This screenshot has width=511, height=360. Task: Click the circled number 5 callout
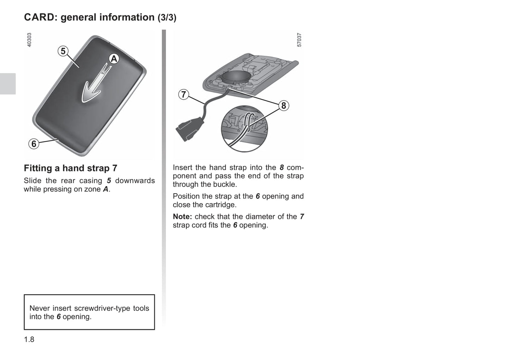click(x=63, y=51)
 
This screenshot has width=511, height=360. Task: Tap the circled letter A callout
click(x=114, y=59)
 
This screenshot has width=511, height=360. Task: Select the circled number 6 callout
click(x=34, y=144)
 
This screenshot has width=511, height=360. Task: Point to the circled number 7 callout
click(x=183, y=94)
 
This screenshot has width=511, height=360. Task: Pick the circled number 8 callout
click(x=283, y=106)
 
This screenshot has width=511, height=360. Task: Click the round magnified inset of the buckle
click(x=244, y=128)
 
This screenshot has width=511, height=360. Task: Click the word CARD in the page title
click(x=40, y=17)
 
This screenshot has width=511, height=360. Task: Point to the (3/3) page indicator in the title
click(x=167, y=18)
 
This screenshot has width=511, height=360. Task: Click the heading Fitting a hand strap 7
click(x=70, y=168)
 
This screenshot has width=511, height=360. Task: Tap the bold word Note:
click(x=182, y=217)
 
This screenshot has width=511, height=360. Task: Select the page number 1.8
click(x=29, y=340)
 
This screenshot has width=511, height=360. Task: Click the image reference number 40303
click(x=29, y=40)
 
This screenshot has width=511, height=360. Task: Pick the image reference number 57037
click(x=299, y=40)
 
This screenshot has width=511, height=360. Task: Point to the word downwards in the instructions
click(x=135, y=181)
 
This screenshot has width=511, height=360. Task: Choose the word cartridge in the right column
click(x=221, y=205)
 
